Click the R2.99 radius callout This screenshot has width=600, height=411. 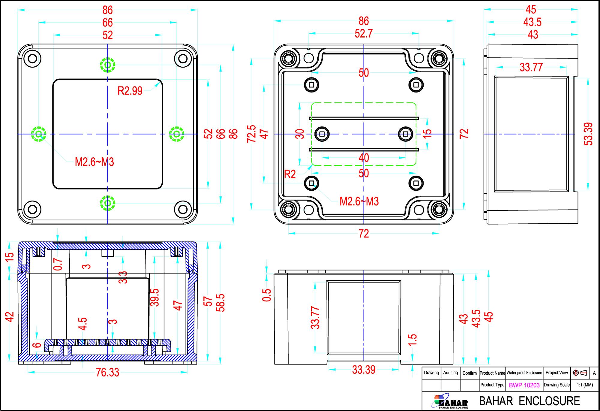coord(130,91)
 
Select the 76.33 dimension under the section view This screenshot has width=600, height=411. coord(107,373)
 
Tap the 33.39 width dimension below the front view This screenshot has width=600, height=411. coord(364,370)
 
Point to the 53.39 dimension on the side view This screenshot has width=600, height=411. coord(588,134)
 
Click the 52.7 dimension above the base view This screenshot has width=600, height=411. coord(364,34)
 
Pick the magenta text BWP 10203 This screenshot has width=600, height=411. coord(524,385)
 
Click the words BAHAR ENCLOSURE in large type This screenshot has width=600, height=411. coord(529,401)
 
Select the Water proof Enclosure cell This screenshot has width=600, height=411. coord(524,373)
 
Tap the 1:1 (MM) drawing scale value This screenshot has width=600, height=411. coord(585,385)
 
